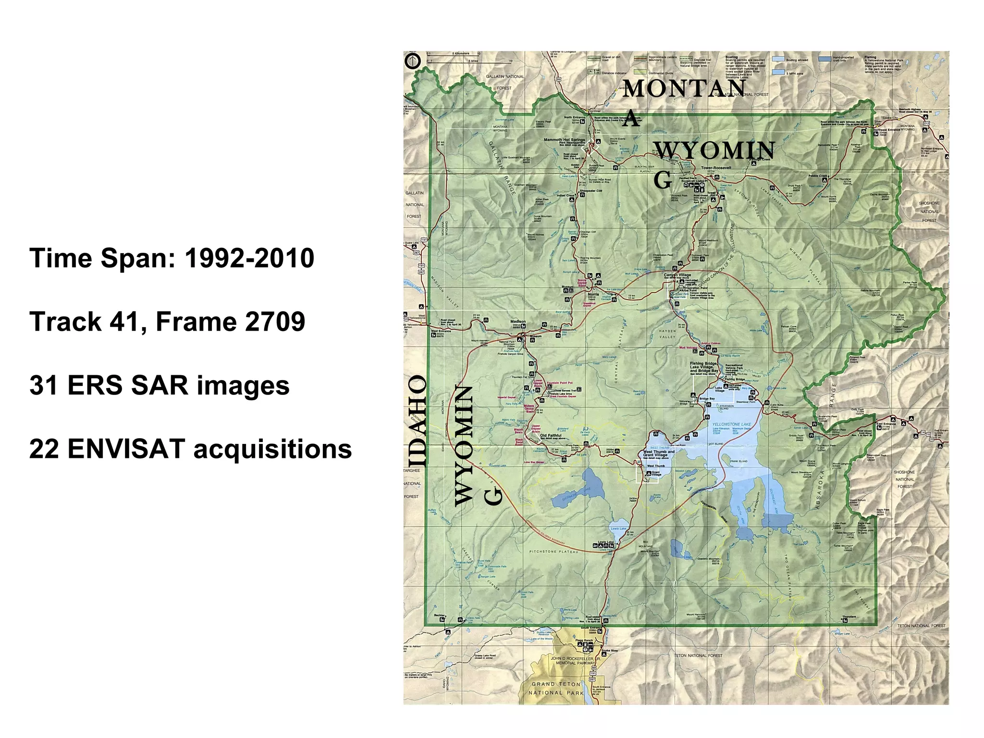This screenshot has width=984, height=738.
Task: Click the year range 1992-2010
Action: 249,258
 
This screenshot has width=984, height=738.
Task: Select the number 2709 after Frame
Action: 275,321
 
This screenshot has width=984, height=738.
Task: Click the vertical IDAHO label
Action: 416,420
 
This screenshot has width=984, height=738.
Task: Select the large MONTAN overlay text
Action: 684,88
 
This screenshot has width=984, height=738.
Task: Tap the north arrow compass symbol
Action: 413,61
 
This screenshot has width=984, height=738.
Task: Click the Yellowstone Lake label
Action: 731,425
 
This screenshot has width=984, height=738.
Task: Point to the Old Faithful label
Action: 551,436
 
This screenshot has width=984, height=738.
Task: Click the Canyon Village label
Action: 677,275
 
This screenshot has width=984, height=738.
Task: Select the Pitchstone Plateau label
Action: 553,552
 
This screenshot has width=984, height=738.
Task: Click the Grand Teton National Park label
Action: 556,688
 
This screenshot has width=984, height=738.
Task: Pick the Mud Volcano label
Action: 688,347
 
